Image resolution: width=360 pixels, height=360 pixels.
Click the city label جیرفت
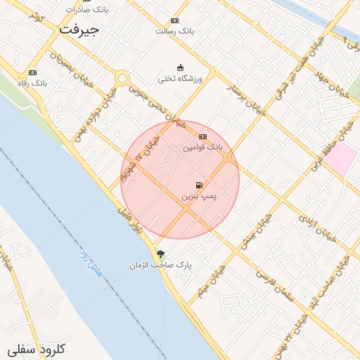click(79, 30)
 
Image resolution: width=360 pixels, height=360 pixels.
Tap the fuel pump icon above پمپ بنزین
click(199, 185)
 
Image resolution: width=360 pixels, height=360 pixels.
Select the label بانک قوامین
click(202, 148)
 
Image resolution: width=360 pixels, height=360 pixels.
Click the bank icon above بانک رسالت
click(174, 20)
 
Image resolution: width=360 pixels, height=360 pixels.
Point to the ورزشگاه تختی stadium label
click(179, 79)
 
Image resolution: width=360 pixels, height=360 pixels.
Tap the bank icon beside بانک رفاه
click(32, 72)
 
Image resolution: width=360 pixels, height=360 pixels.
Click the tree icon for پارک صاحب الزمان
click(160, 254)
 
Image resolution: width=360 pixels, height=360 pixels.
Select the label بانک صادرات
click(86, 10)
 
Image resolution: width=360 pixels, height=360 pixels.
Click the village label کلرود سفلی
click(37, 349)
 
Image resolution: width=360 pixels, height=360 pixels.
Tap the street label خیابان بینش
click(258, 232)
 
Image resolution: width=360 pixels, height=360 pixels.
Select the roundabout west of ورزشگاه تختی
click(122, 79)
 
